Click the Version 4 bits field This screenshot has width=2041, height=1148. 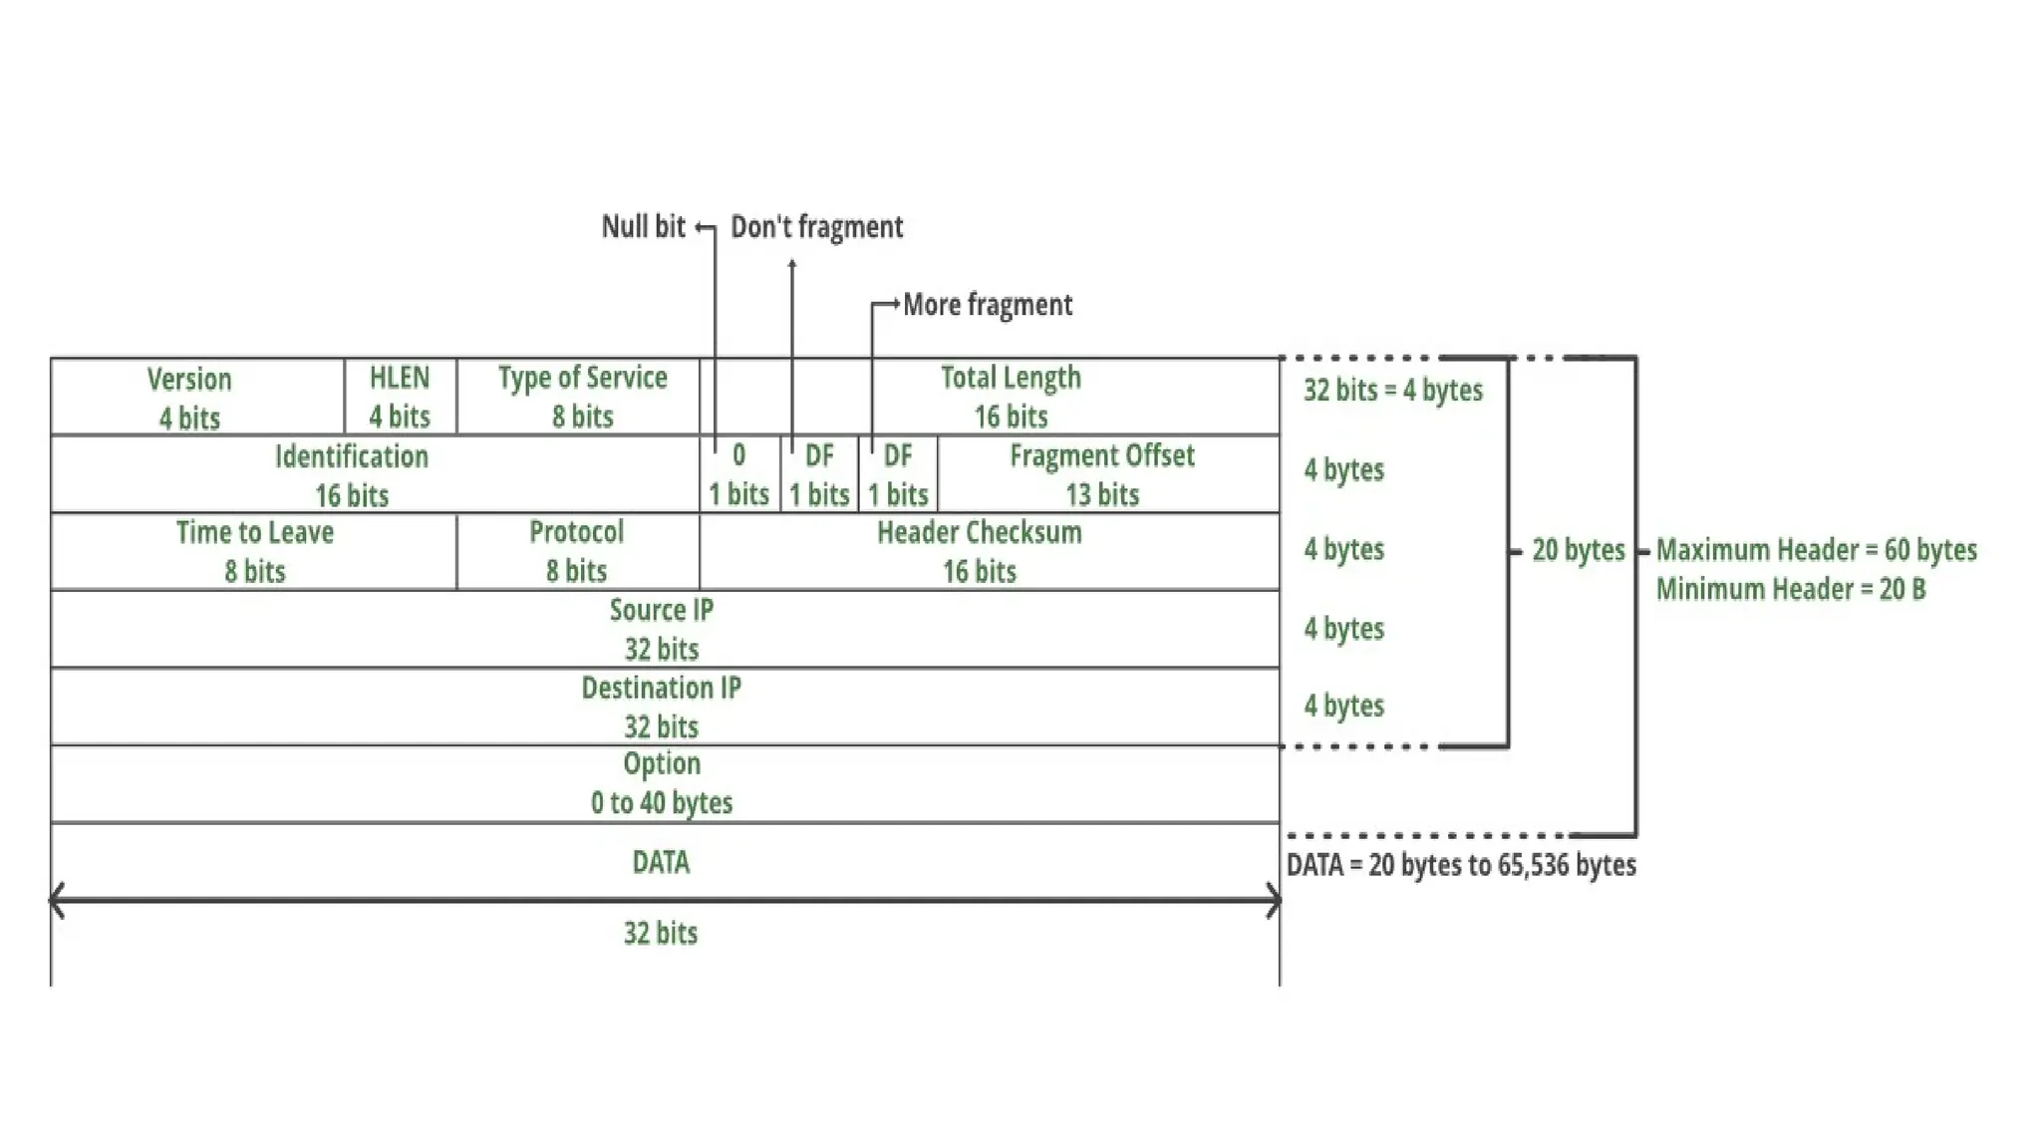pyautogui.click(x=189, y=398)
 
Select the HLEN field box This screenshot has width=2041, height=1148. pyautogui.click(x=400, y=397)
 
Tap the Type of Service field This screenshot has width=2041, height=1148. pyautogui.click(x=582, y=397)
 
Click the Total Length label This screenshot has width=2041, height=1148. pyautogui.click(x=1011, y=378)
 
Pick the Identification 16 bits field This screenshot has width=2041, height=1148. pyautogui.click(x=352, y=475)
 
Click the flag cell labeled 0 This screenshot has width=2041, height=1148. pyautogui.click(x=738, y=475)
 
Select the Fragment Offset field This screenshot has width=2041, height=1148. pyautogui.click(x=1101, y=475)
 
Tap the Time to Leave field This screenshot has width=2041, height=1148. pyautogui.click(x=254, y=551)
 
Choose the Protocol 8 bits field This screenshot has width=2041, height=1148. pyautogui.click(x=576, y=551)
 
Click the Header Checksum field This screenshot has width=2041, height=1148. pyautogui.click(x=979, y=551)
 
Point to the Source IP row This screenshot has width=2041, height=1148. pyautogui.click(x=661, y=629)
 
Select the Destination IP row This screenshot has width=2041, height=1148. pyautogui.click(x=661, y=707)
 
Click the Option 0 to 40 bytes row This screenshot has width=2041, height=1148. pyautogui.click(x=661, y=783)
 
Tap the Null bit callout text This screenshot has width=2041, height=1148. pyautogui.click(x=643, y=227)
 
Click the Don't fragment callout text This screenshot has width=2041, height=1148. pyautogui.click(x=816, y=227)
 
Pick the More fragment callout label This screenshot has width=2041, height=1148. pyautogui.click(x=987, y=305)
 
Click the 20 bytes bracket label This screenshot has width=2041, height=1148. pyautogui.click(x=1578, y=550)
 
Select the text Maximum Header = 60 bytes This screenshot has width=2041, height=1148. pyautogui.click(x=1816, y=550)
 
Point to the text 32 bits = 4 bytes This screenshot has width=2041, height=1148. pyautogui.click(x=1392, y=390)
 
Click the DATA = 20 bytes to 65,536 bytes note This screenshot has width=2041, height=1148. pyautogui.click(x=1461, y=865)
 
